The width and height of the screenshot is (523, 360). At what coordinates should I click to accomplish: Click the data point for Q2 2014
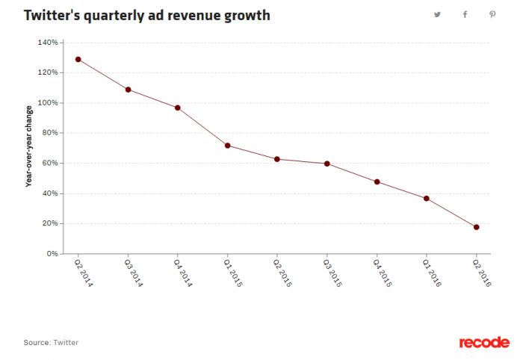tap(78, 60)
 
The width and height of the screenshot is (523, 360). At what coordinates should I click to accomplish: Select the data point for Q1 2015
tap(227, 146)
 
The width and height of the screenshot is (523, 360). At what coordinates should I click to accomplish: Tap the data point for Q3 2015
tap(327, 164)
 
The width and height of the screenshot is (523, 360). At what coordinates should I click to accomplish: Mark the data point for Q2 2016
tap(476, 227)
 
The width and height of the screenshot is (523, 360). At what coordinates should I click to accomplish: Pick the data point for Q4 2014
tap(178, 108)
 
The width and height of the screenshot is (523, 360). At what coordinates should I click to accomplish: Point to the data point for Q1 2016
tap(427, 199)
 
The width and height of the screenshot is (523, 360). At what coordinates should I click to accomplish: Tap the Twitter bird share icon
tap(438, 14)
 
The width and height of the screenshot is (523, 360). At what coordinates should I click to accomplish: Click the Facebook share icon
tap(465, 14)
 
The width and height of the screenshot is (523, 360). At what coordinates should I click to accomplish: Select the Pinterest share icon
tap(492, 14)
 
